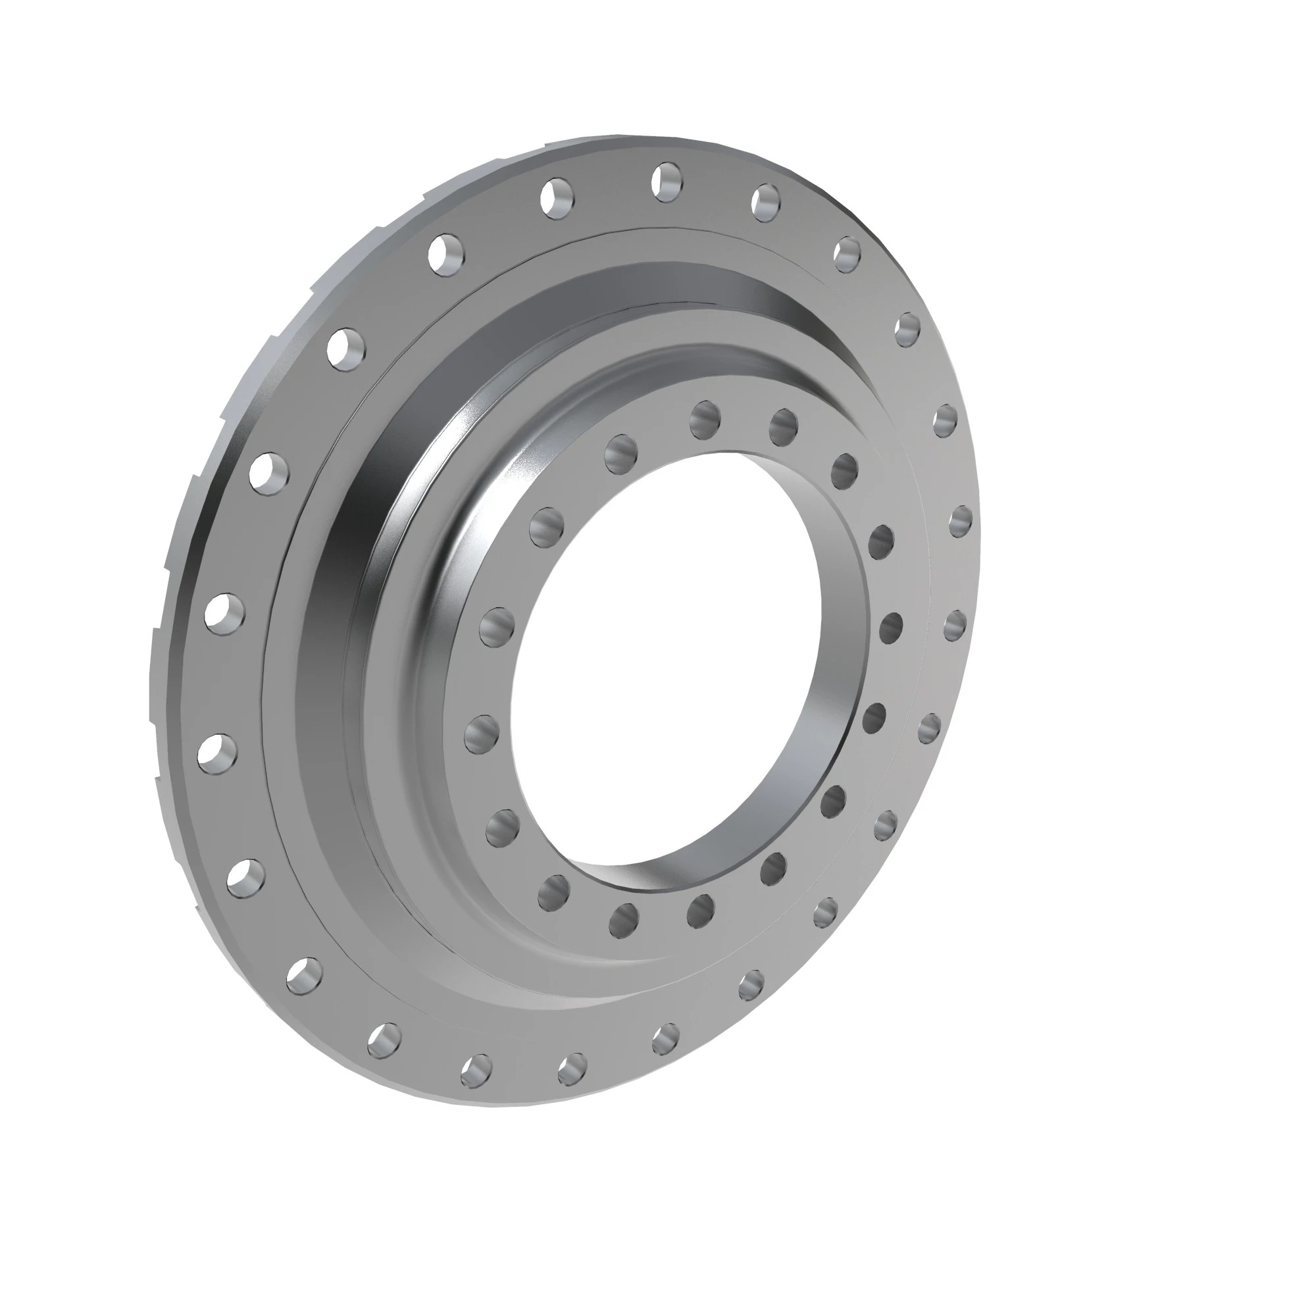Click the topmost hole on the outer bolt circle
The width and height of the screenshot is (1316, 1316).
[665, 180]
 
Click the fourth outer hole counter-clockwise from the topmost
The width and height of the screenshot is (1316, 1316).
[269, 471]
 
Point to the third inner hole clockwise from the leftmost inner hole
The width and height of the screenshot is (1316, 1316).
[620, 449]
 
